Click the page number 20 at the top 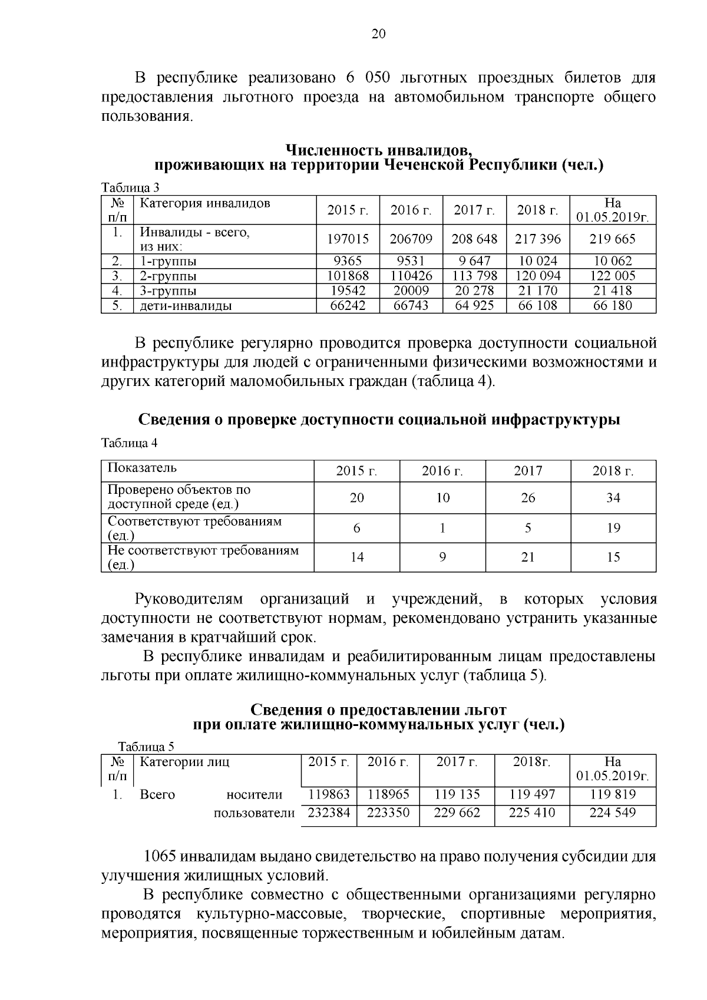click(x=378, y=34)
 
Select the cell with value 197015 click(x=348, y=239)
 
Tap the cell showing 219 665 click(x=613, y=239)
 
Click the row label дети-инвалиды click(x=186, y=306)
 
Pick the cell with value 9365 click(x=348, y=261)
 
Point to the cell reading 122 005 click(x=613, y=276)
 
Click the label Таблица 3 click(x=130, y=188)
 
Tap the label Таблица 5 click(x=146, y=747)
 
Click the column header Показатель click(x=142, y=468)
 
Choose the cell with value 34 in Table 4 click(x=613, y=498)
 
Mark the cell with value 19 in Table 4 click(x=613, y=528)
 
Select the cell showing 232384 click(x=329, y=813)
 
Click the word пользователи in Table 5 click(x=254, y=813)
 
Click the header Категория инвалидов click(x=204, y=204)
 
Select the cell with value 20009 click(x=411, y=291)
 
